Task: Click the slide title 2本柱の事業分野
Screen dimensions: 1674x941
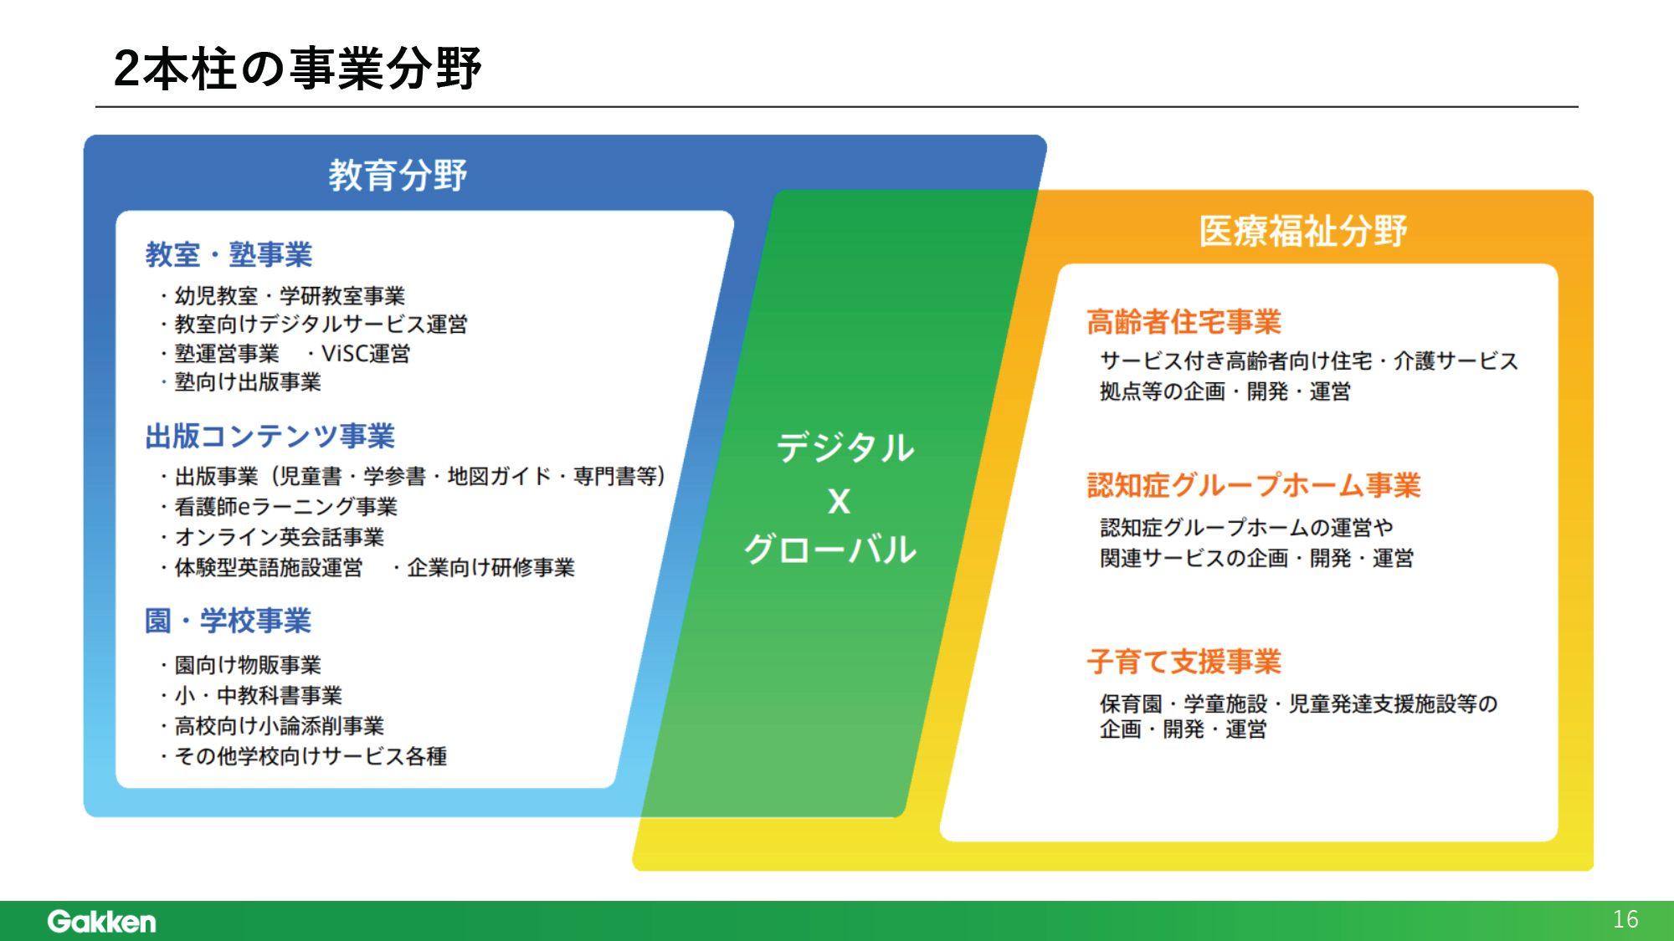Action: (x=297, y=68)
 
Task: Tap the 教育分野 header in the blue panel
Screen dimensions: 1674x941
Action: (x=398, y=175)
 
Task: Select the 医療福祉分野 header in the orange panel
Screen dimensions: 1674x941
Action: (x=1303, y=231)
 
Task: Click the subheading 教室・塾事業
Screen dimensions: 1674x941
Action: (x=229, y=254)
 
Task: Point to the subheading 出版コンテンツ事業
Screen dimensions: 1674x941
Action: (x=270, y=436)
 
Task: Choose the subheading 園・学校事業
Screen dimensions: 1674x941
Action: (x=228, y=621)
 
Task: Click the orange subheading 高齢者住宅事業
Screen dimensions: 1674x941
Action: (x=1184, y=321)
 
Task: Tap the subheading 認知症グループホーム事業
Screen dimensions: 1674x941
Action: (x=1254, y=485)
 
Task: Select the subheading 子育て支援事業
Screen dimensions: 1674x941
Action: (x=1184, y=662)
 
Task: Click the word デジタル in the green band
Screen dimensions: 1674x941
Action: (x=845, y=447)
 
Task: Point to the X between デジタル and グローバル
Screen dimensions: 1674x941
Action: (x=839, y=501)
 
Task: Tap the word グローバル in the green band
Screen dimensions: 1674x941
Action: (x=830, y=550)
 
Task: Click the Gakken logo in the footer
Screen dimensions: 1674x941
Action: (x=101, y=921)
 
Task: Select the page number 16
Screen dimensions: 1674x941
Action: (x=1625, y=919)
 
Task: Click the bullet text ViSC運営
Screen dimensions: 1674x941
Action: (x=366, y=354)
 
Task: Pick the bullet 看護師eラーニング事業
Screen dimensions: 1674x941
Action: (x=285, y=507)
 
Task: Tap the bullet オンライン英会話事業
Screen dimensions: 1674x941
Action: (x=279, y=537)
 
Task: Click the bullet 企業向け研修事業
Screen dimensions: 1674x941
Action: (x=490, y=568)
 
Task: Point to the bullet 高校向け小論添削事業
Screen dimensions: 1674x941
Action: (x=279, y=726)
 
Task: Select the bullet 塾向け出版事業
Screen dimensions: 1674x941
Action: (x=248, y=382)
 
